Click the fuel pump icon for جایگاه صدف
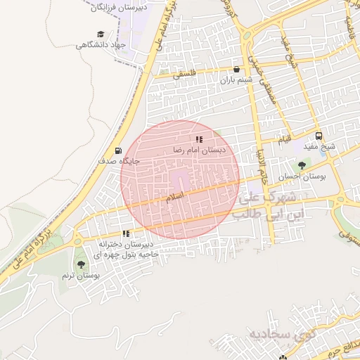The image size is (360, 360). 117,150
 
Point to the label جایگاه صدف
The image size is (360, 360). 121,161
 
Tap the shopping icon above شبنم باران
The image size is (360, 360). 236,70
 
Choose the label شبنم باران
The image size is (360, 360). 236,81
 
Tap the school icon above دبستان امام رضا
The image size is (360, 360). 199,139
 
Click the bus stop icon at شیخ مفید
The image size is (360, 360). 319,136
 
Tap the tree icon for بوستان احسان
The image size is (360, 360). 302,166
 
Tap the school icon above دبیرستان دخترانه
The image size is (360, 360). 126,233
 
